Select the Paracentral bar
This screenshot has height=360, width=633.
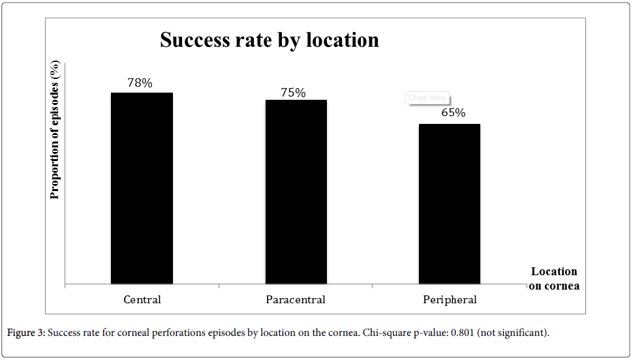click(296, 192)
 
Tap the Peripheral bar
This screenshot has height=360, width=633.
click(450, 203)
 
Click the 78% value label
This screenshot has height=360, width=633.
click(140, 83)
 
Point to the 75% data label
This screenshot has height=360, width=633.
click(293, 93)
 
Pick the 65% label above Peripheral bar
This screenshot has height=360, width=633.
click(453, 113)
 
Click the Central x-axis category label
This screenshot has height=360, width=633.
click(142, 300)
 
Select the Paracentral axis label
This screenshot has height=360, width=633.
click(296, 300)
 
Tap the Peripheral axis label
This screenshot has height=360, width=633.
click(450, 300)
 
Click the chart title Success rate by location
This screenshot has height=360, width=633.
click(270, 40)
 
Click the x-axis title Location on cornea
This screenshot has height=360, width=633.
click(554, 278)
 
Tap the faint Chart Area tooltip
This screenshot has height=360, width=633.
click(427, 98)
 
